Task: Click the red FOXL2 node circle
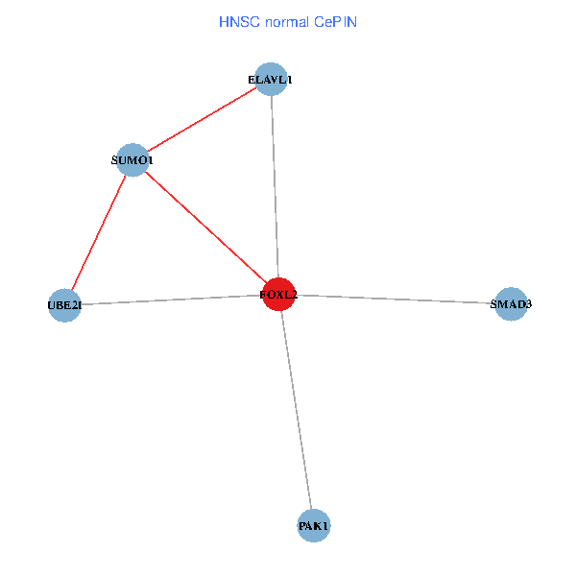278,294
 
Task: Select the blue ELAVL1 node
272,80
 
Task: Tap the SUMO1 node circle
132,159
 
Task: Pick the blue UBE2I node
64,305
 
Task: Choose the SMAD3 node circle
511,304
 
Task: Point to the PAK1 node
314,526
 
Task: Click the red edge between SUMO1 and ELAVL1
202,120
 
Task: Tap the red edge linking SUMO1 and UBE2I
98,232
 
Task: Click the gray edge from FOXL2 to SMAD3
394,299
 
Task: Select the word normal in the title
291,20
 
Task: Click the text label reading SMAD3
511,305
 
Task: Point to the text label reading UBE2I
64,306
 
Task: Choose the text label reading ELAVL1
270,81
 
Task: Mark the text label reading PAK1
314,527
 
